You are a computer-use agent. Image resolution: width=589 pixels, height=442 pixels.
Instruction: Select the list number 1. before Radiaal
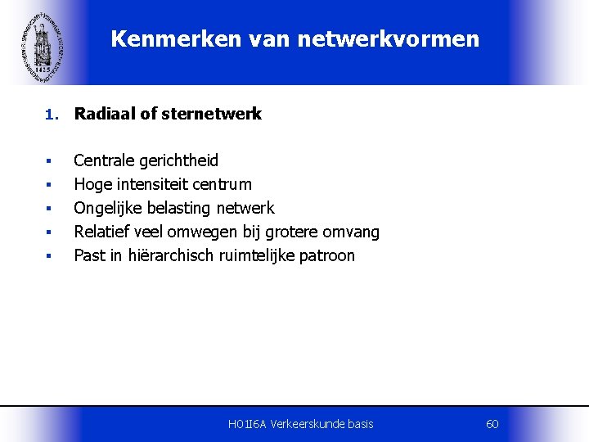tap(51, 115)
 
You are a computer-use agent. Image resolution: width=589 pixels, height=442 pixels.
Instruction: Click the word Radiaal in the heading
tap(104, 115)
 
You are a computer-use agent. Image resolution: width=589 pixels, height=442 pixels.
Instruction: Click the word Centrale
tap(104, 160)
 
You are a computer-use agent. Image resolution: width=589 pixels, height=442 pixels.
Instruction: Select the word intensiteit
tap(150, 184)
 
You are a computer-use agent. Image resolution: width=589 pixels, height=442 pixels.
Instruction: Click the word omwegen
tap(200, 232)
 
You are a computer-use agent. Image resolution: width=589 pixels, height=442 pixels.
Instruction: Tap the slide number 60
tap(492, 424)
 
